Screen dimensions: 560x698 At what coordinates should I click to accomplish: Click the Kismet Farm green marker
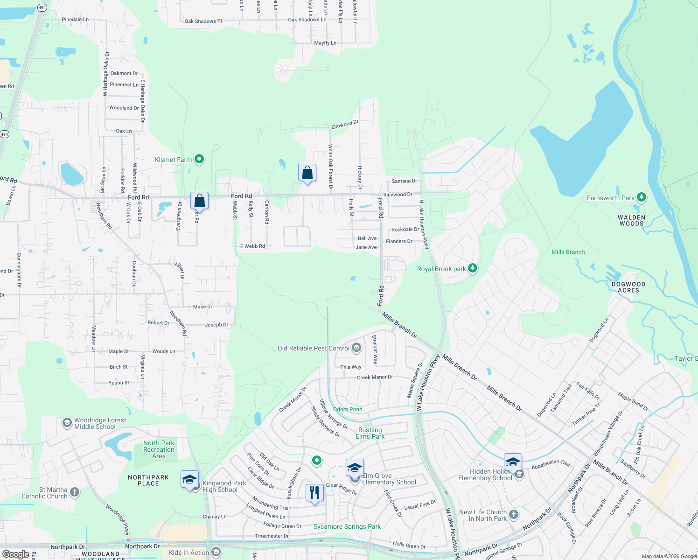click(199, 159)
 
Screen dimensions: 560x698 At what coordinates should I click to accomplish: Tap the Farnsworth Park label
click(610, 198)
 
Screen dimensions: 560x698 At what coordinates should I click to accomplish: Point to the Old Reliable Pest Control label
click(314, 348)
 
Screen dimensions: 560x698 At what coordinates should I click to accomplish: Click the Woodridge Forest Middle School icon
click(67, 423)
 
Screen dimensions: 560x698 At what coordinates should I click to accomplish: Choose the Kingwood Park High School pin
click(189, 480)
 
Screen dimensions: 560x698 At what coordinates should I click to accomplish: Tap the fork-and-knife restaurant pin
click(314, 493)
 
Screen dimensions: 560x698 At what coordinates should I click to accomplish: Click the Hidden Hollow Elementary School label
click(485, 475)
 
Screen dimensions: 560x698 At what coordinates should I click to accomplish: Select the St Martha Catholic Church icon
click(75, 492)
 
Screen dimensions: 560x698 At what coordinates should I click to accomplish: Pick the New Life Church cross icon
click(514, 514)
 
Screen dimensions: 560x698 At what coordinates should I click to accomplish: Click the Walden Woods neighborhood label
click(631, 220)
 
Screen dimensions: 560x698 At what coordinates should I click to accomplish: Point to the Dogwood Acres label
click(628, 287)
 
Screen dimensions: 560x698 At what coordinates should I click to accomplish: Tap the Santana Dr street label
click(404, 181)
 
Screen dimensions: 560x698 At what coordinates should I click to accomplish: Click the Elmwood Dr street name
click(345, 125)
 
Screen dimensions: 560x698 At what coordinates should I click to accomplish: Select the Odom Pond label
click(348, 409)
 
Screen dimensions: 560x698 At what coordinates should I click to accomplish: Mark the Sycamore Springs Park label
click(347, 526)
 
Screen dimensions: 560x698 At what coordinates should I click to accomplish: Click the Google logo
click(15, 554)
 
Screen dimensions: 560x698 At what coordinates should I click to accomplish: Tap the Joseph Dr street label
click(216, 325)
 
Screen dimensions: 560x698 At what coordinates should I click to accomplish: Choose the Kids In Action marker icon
click(216, 553)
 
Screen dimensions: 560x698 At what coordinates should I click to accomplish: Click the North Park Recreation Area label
click(159, 449)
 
